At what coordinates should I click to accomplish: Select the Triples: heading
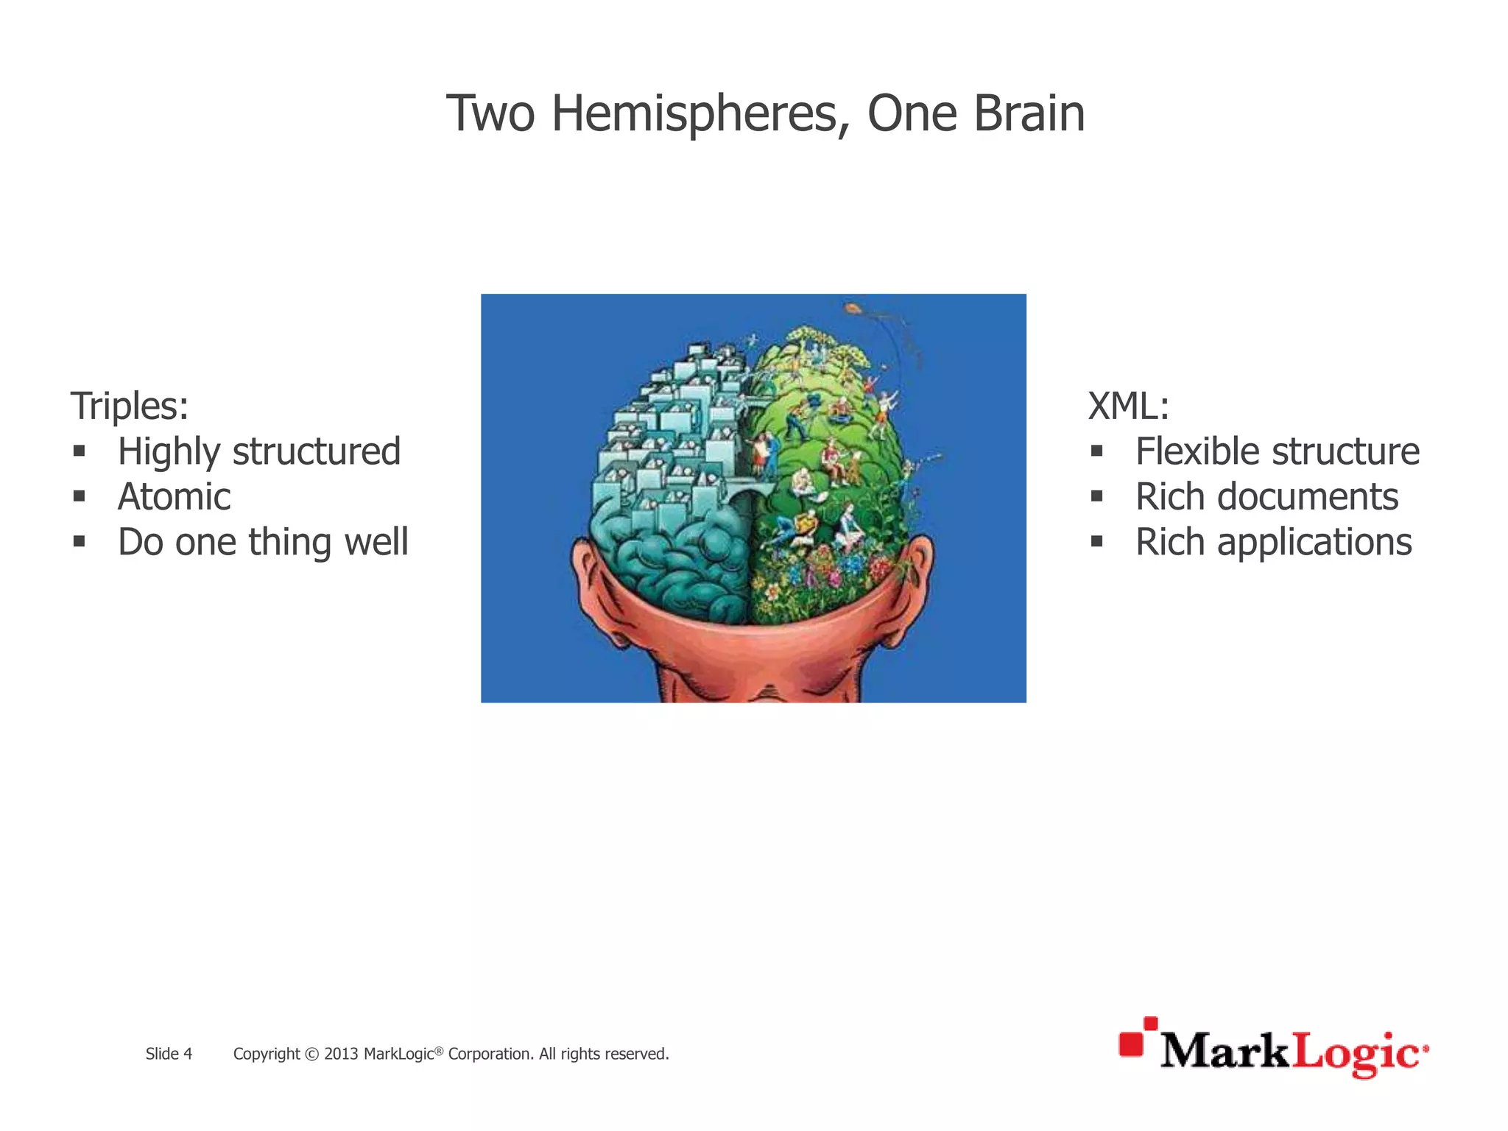click(x=130, y=406)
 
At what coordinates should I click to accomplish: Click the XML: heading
click(x=1128, y=406)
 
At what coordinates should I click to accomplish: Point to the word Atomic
click(x=174, y=497)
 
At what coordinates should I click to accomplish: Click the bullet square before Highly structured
click(x=80, y=451)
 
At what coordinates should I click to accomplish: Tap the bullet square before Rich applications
click(x=1097, y=542)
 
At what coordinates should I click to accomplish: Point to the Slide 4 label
click(x=169, y=1054)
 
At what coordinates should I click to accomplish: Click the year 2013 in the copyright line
click(x=341, y=1054)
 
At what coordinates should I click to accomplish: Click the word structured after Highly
click(x=316, y=451)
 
